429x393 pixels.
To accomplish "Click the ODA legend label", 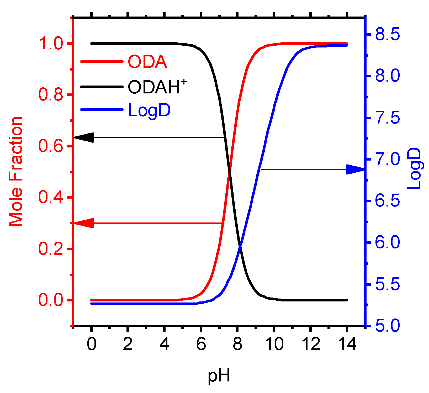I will click(147, 62).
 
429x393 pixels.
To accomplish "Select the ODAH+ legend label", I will click(157, 87).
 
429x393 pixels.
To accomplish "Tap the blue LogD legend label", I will click(149, 110).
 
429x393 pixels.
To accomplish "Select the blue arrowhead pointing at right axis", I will click(355, 169).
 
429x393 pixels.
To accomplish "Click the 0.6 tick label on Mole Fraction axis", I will click(51, 146).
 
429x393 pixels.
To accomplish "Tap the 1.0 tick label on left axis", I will click(51, 44).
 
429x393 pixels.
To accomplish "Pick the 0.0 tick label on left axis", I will click(51, 300).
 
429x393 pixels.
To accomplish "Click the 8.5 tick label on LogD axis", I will click(388, 34).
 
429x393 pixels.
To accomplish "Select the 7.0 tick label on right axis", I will click(388, 159).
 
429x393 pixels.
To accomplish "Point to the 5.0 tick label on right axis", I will click(388, 326).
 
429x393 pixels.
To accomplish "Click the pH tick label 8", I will click(237, 344).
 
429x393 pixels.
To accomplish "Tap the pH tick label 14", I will click(347, 344).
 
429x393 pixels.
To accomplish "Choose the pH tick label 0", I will click(91, 344).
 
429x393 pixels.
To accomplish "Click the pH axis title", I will click(219, 376).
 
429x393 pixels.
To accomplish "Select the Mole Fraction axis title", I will click(16, 172).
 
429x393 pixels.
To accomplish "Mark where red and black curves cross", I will click(229, 172).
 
